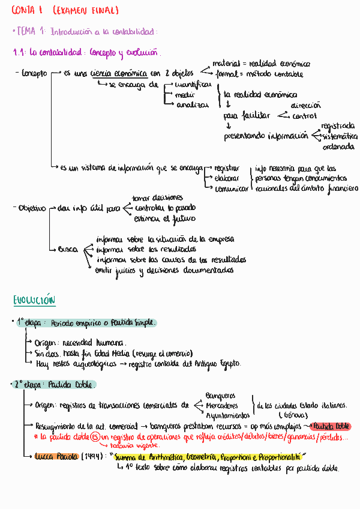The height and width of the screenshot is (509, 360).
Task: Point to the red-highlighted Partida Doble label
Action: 331,426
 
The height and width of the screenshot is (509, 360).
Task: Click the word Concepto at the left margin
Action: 34,74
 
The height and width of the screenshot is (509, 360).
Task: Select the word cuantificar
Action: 193,85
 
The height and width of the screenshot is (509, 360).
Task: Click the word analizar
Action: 192,105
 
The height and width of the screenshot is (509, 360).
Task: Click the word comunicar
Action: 231,188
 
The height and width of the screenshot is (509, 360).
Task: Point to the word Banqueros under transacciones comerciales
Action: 220,396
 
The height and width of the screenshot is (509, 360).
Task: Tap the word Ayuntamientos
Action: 228,415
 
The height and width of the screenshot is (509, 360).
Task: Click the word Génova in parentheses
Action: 293,415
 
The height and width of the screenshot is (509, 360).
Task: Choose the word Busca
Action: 68,248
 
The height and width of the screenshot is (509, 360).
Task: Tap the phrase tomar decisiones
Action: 158,197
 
